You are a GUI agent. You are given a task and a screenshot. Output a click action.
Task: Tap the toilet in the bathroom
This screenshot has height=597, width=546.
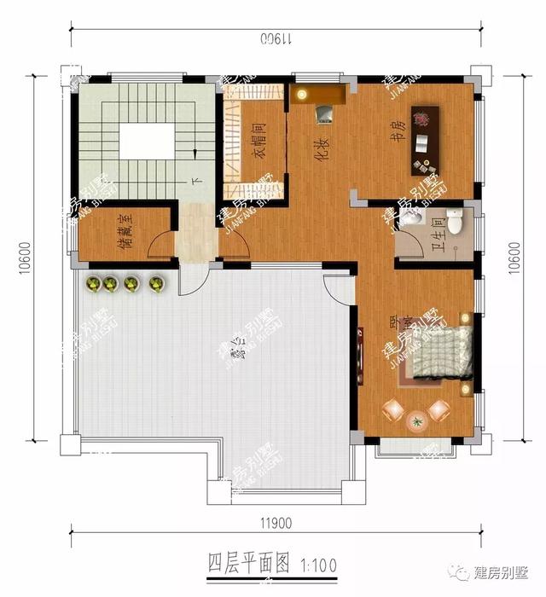tap(456, 219)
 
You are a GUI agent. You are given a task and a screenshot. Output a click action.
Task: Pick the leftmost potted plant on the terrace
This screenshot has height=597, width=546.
tap(91, 283)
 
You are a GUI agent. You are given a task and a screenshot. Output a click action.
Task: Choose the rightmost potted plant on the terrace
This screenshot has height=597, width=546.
tap(156, 283)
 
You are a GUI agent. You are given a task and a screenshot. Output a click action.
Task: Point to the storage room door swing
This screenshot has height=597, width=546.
tap(160, 246)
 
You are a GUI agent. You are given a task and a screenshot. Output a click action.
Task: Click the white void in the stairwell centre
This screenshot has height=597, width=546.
tap(147, 141)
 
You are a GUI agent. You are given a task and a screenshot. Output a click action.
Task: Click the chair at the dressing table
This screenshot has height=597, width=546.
tap(324, 112)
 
